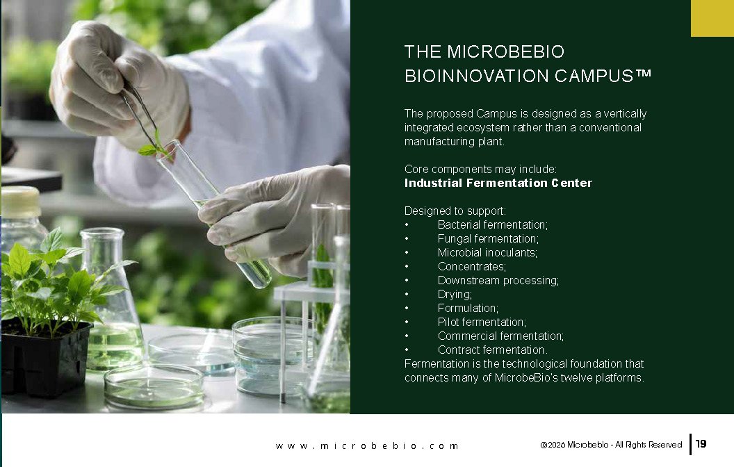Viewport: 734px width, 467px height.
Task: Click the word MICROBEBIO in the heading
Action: pos(505,51)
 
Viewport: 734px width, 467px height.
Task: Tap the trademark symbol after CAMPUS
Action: pos(644,73)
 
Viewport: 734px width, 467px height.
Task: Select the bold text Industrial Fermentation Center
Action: pos(498,183)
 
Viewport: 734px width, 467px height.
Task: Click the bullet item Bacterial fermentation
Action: pos(492,224)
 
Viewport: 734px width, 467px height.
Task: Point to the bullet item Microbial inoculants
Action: pos(487,253)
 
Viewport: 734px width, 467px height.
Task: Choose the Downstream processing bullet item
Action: pos(498,280)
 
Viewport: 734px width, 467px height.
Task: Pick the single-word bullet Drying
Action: pos(455,295)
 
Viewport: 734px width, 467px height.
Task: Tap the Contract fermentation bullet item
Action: pos(492,350)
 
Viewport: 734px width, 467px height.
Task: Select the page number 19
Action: pos(701,443)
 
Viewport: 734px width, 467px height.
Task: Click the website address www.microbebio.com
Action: pos(367,446)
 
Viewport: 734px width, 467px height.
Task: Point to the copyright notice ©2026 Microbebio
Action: pos(574,445)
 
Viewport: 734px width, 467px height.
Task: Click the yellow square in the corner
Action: pos(712,18)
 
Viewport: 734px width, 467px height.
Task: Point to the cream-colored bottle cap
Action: pos(20,202)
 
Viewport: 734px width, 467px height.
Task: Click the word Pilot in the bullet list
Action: pos(448,322)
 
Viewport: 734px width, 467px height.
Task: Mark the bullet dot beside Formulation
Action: pos(407,309)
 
